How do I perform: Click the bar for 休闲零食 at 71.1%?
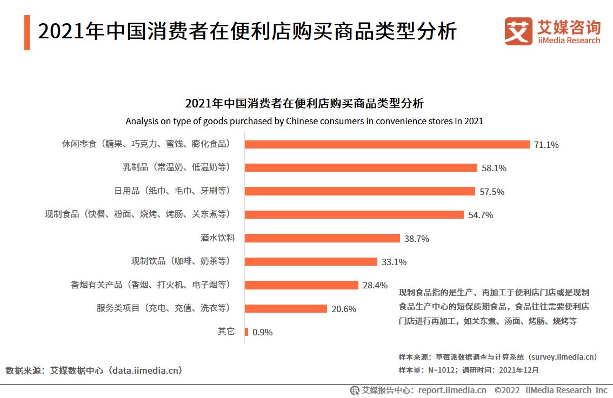(x=387, y=144)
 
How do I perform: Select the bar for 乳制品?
(x=361, y=167)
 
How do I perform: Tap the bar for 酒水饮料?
(x=322, y=238)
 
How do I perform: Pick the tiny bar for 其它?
(x=246, y=332)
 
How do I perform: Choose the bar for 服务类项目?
(x=286, y=308)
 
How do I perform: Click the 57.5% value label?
(x=492, y=191)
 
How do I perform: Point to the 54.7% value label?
(x=481, y=215)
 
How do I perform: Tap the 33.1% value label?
(x=394, y=262)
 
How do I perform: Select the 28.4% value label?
(x=375, y=285)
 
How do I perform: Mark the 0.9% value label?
(x=263, y=332)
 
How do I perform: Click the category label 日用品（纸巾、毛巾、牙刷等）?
(x=172, y=191)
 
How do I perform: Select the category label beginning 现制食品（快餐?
(x=138, y=214)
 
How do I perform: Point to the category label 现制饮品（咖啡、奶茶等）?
(x=181, y=261)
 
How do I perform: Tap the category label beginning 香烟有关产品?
(x=150, y=285)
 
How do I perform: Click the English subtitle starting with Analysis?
(x=304, y=121)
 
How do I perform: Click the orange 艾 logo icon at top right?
(x=518, y=31)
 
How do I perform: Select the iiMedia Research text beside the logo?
(x=569, y=41)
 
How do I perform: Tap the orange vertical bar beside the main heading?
(x=27, y=32)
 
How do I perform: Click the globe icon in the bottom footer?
(x=355, y=390)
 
